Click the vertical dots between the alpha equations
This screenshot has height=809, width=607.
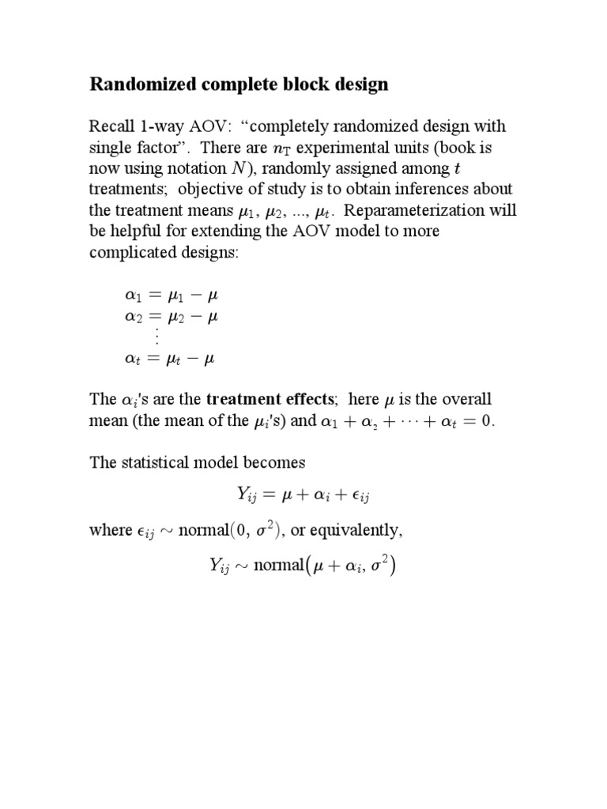pos(156,337)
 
